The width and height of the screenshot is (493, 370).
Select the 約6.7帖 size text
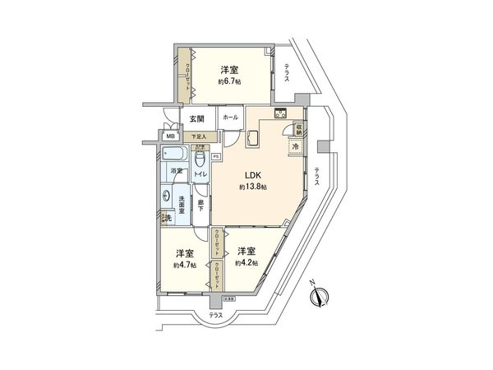pos(229,81)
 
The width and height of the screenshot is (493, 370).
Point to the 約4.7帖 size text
pos(183,266)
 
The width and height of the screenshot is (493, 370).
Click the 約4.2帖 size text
pos(246,263)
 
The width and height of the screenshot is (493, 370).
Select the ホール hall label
pos(230,118)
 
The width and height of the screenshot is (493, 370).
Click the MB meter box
pos(171,136)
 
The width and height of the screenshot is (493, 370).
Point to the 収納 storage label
pos(298,128)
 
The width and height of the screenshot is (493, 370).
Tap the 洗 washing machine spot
pos(166,218)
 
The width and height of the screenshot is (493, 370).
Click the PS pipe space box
pos(215,156)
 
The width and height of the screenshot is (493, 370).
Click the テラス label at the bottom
pos(215,315)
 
